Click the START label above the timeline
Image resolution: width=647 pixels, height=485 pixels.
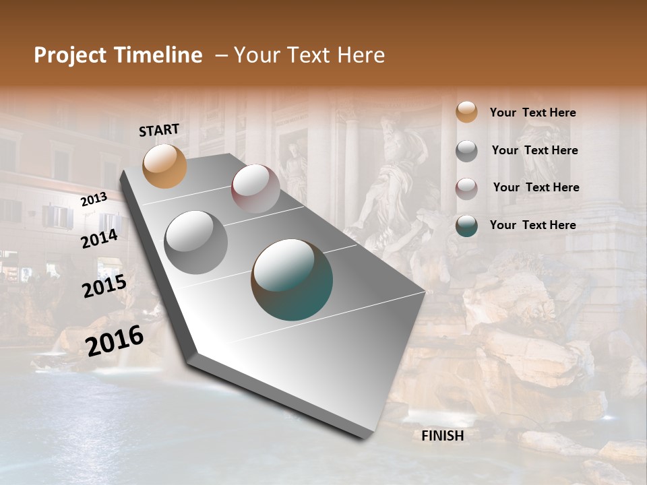click(x=159, y=130)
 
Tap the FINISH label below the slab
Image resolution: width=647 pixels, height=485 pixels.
click(x=443, y=436)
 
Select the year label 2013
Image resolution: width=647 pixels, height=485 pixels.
click(x=94, y=199)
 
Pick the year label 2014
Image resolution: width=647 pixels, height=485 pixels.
click(x=100, y=238)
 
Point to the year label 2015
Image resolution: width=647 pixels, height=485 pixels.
click(x=104, y=286)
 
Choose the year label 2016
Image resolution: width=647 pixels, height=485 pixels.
click(x=115, y=341)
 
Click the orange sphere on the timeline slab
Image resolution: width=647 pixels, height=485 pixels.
click(x=165, y=166)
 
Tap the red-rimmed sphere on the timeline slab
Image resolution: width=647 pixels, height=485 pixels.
click(x=255, y=189)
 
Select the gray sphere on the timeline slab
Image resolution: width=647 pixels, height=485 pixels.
click(x=196, y=242)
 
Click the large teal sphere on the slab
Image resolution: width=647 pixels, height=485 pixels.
click(x=292, y=279)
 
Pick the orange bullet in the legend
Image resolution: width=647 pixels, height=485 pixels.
click(x=466, y=112)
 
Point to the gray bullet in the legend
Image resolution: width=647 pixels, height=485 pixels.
click(x=466, y=151)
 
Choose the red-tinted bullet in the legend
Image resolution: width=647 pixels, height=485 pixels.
click(x=466, y=189)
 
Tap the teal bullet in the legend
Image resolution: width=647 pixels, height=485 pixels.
click(x=466, y=226)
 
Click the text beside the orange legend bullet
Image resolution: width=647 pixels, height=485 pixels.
click(x=532, y=112)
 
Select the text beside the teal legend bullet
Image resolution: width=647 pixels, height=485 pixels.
click(x=532, y=225)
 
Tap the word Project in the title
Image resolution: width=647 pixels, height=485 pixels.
click(x=70, y=56)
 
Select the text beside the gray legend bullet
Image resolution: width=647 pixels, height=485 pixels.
click(x=534, y=150)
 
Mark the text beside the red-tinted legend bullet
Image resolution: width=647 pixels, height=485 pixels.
click(x=536, y=187)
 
